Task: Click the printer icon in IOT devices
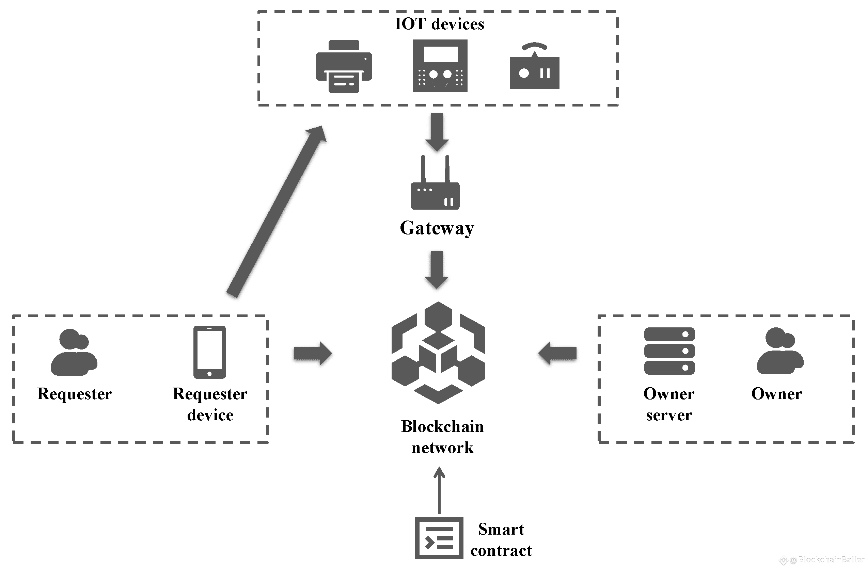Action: coord(344,67)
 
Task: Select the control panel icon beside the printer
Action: coord(440,66)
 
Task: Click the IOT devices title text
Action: coord(439,25)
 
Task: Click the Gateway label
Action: coord(437,228)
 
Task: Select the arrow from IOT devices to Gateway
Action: coord(437,132)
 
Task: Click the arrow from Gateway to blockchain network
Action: coord(437,270)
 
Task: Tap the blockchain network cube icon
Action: coord(438,353)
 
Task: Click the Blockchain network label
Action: coord(442,437)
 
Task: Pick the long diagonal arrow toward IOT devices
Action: coord(276,211)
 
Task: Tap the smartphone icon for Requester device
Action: coord(209,352)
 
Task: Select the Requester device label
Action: coord(210,404)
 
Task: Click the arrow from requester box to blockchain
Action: coord(313,353)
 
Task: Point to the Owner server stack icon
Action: coord(669,351)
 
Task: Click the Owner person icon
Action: coord(780,351)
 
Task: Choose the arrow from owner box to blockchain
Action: coord(557,353)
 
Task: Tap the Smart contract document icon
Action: coord(439,538)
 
